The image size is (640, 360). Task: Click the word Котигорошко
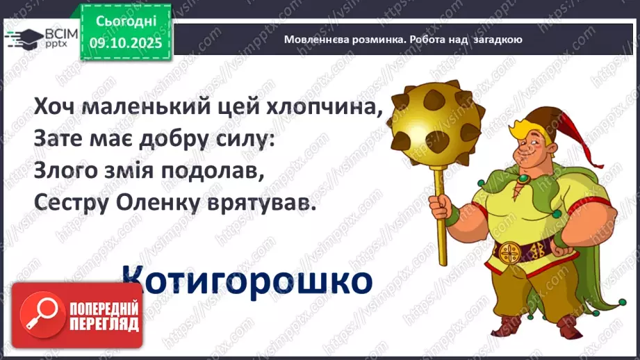[247, 281]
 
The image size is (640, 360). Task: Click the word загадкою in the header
[497, 40]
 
